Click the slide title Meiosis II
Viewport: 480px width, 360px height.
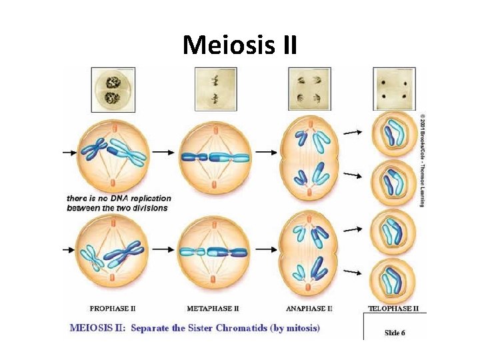coord(240,45)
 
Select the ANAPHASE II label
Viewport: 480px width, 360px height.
coord(309,308)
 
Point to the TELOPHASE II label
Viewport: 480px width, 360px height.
coord(393,308)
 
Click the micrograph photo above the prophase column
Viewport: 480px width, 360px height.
coord(112,89)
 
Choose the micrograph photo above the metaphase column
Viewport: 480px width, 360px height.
coord(215,89)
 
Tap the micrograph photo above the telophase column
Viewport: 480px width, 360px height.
coord(393,89)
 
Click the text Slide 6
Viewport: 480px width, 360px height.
coord(394,332)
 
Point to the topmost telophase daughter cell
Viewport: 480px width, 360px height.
coord(391,133)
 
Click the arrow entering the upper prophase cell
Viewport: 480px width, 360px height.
coord(70,152)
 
